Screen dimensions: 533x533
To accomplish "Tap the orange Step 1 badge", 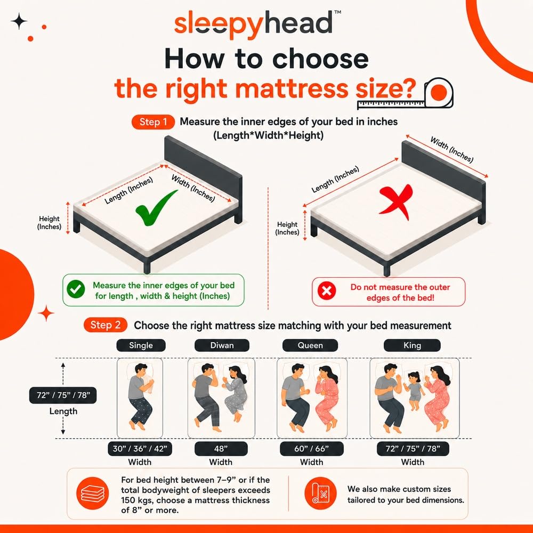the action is (153, 122).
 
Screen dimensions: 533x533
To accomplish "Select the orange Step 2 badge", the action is (106, 325).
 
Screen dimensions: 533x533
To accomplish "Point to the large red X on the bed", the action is (396, 202).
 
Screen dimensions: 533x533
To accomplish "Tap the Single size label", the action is (141, 345).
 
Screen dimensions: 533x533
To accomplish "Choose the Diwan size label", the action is (222, 345).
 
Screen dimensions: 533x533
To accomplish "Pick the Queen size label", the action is (310, 345).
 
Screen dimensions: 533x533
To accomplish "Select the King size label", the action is (412, 345).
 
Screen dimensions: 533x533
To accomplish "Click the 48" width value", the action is (221, 449).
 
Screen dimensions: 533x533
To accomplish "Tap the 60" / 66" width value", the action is (311, 449).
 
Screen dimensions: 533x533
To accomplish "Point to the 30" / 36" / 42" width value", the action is (140, 449).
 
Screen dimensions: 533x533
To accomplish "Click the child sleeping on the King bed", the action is (414, 390).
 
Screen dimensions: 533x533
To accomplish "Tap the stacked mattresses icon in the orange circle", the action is (92, 493).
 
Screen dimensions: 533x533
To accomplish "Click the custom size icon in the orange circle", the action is (320, 493).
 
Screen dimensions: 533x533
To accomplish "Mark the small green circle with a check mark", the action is (76, 289).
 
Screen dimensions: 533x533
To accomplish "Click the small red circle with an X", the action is (327, 291).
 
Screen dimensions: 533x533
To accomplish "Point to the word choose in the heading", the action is (320, 59).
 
